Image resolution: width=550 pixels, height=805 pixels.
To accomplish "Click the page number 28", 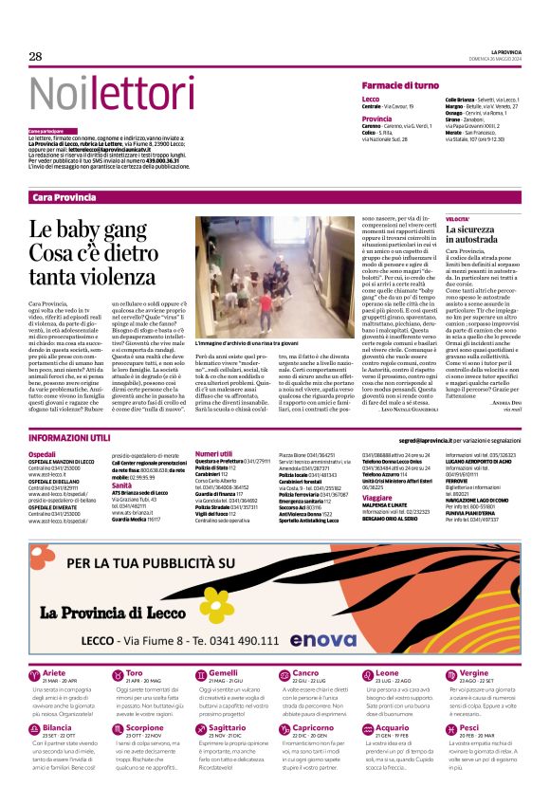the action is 36,57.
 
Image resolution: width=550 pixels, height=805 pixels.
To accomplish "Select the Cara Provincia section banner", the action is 64,196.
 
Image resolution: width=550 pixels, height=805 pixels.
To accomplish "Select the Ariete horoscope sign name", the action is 55,672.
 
